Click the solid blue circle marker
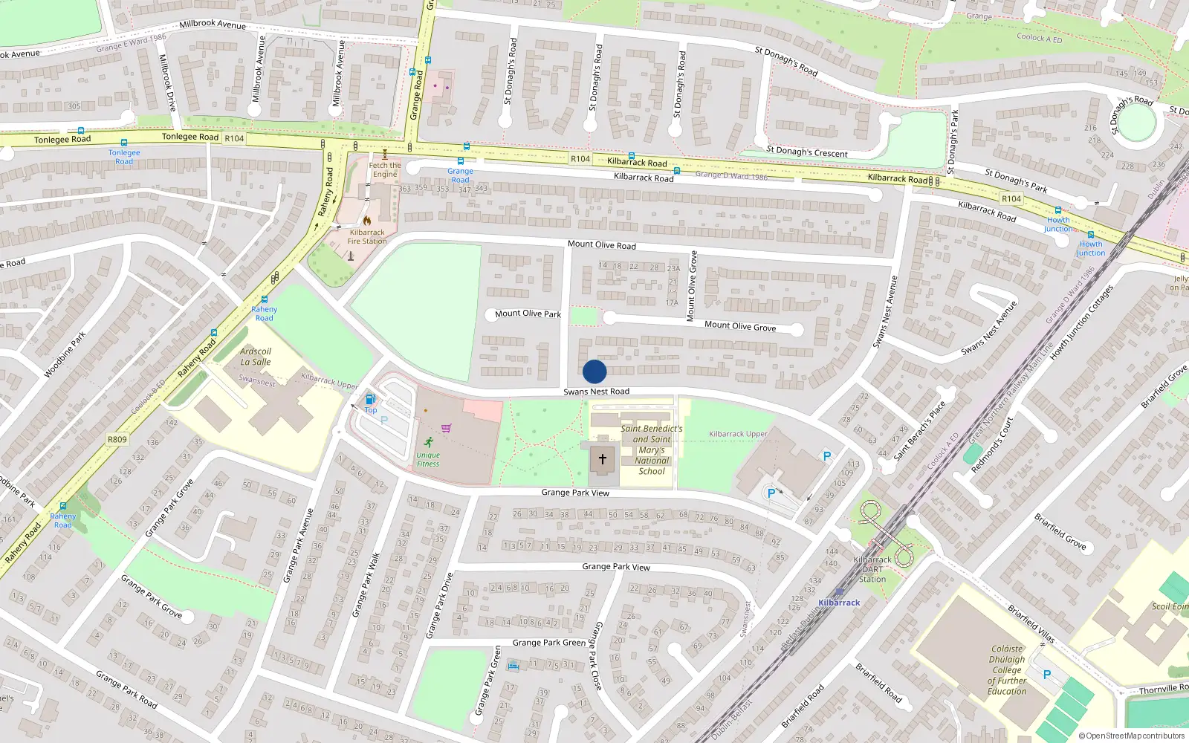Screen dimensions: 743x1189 pos(594,371)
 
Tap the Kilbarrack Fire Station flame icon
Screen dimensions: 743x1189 pos(367,221)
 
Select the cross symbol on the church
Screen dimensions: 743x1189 pos(603,459)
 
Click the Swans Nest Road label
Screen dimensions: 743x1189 pos(596,392)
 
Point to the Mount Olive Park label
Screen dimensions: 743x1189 pos(528,314)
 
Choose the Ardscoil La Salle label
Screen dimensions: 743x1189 pos(256,357)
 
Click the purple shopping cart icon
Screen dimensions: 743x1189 pos(446,428)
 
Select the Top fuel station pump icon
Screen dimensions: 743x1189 pos(370,399)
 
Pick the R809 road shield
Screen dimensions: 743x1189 pos(117,439)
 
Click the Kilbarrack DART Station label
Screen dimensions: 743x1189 pos(872,569)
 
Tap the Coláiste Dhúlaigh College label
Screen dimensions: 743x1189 pos(1007,669)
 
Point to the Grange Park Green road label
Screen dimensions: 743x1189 pos(549,643)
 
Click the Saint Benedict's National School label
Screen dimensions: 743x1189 pos(652,450)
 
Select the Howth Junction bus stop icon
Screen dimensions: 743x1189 pos(1058,211)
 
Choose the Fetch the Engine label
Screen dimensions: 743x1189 pos(385,169)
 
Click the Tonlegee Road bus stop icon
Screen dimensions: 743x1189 pos(124,143)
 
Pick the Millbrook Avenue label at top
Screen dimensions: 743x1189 pos(213,24)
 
